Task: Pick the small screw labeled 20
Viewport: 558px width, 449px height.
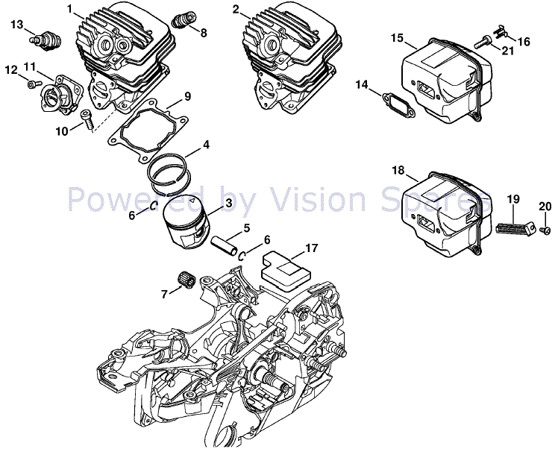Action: [545, 230]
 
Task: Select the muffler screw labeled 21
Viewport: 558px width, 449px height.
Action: [489, 44]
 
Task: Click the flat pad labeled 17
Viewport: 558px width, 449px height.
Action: [283, 267]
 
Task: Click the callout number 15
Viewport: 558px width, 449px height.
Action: [396, 38]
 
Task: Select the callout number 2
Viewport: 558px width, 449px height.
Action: [236, 10]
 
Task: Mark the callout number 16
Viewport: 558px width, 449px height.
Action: [524, 42]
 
